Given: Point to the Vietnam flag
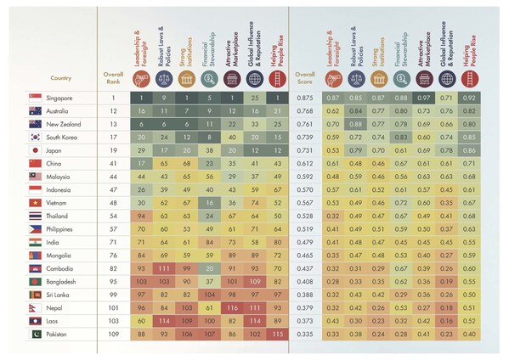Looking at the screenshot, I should pyautogui.click(x=37, y=202).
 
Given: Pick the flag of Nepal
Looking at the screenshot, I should pyautogui.click(x=37, y=308).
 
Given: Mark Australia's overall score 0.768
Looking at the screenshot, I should pyautogui.click(x=303, y=110).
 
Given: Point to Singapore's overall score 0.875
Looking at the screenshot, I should pyautogui.click(x=303, y=98).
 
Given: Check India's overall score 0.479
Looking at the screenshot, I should pyautogui.click(x=303, y=242).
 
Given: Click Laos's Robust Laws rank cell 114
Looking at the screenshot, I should pyautogui.click(x=164, y=321).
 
